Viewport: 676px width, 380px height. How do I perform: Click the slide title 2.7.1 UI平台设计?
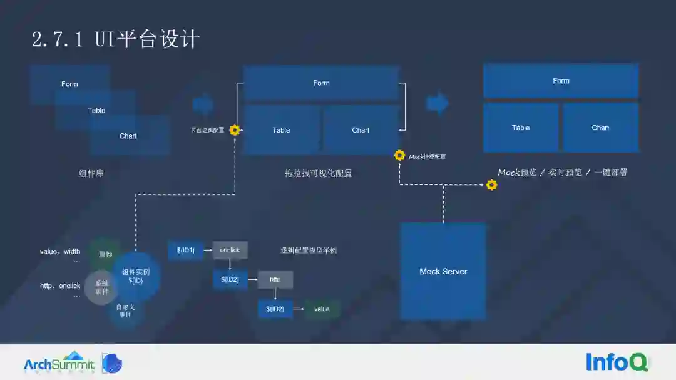click(116, 40)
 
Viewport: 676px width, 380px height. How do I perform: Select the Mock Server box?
click(443, 271)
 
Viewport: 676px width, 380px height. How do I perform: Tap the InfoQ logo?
click(617, 362)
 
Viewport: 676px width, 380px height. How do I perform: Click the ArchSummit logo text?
click(59, 364)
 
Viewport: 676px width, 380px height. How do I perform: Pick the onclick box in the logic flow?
click(230, 251)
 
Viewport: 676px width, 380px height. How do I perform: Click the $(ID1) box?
click(186, 251)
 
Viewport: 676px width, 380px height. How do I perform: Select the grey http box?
click(275, 279)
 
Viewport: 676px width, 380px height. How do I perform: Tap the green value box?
click(322, 309)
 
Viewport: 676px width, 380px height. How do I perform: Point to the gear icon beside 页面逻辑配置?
click(235, 130)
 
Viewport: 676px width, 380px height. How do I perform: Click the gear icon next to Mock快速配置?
click(399, 156)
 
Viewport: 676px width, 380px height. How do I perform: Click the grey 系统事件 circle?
click(101, 287)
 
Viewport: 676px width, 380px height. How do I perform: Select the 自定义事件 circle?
click(125, 311)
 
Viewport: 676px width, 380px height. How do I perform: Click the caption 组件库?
click(91, 173)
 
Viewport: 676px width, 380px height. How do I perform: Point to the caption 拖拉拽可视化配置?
click(319, 173)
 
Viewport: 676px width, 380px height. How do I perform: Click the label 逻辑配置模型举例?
click(309, 251)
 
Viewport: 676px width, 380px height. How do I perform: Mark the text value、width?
click(60, 252)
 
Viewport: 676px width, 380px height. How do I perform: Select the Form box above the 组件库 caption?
click(69, 84)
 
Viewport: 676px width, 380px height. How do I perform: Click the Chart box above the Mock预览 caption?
click(600, 127)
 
